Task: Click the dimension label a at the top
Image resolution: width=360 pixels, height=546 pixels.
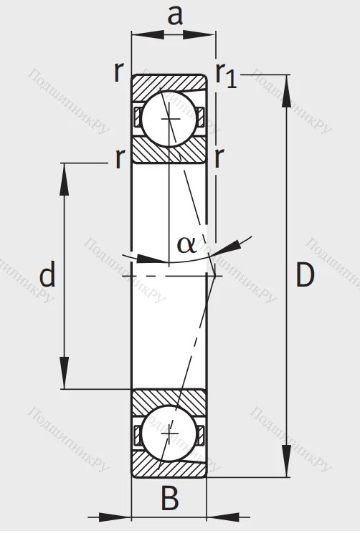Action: coord(175,14)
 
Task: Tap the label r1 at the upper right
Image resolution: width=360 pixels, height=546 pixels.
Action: coord(225,75)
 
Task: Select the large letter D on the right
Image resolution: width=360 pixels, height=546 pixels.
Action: coord(305,275)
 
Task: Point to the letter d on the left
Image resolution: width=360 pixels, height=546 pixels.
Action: coord(47,274)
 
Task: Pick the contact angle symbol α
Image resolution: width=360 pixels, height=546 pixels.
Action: coord(186,244)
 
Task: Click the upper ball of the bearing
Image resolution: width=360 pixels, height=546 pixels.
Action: coord(170,118)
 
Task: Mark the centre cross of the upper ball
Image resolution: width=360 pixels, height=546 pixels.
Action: coord(170,118)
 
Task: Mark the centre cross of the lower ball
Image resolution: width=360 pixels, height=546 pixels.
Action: coord(170,434)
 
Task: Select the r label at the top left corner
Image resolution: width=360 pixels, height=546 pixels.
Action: coord(118,72)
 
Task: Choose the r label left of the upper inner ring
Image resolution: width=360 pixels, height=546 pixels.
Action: coord(120,158)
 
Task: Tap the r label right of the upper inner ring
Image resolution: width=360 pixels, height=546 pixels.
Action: coord(218,158)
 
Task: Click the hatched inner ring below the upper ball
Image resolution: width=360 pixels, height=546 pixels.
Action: coord(169,152)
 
